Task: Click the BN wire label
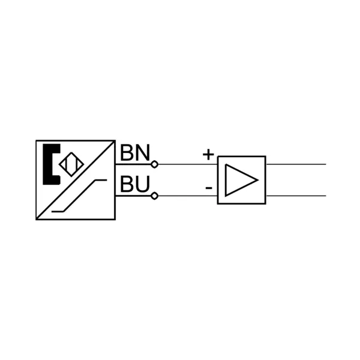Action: coord(135,152)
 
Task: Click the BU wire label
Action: coord(135,184)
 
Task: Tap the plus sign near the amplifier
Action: coord(208,154)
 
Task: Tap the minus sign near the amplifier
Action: coord(209,188)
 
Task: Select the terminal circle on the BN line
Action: coord(155,164)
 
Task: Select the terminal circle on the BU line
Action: coord(155,196)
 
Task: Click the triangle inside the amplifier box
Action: coord(241,180)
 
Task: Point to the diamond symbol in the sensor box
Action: coord(71,164)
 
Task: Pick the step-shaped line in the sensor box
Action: coord(79,196)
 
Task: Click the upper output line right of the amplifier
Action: coord(296,164)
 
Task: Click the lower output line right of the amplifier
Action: coord(296,196)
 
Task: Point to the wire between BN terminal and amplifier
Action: coord(188,164)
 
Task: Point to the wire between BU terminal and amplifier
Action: coord(188,196)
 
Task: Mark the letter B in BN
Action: coord(127,152)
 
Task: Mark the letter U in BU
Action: coord(143,184)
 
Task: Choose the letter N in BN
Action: coord(143,152)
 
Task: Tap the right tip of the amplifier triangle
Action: coord(258,180)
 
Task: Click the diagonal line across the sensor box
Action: coord(76,180)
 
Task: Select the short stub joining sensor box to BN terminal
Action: coord(133,164)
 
